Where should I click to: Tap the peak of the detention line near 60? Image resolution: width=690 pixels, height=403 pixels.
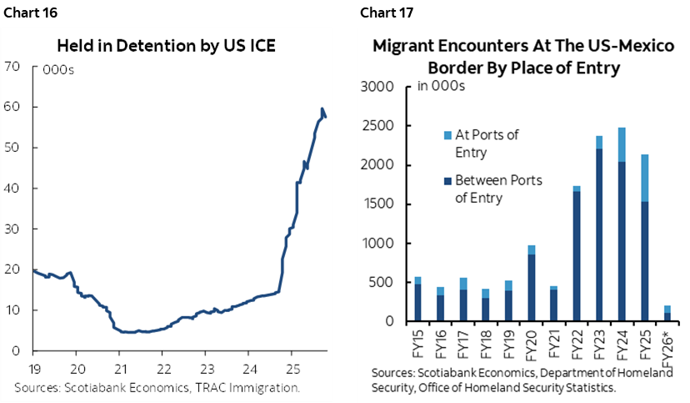322,109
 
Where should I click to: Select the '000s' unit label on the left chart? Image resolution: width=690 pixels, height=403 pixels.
58,70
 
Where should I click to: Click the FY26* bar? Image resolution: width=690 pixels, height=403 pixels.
667,314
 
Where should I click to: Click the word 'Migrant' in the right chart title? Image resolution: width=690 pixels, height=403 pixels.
407,46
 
